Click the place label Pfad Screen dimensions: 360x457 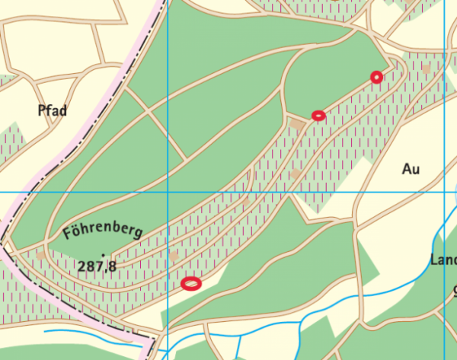[x=53, y=111]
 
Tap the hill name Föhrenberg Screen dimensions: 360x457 [x=102, y=229]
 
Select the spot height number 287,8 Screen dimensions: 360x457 [x=97, y=266]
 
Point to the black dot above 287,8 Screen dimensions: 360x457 [x=102, y=254]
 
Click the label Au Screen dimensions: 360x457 [x=411, y=169]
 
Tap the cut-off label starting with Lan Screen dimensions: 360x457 [x=443, y=260]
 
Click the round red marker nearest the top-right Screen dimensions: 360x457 [x=376, y=76]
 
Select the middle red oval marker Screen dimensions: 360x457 [x=318, y=116]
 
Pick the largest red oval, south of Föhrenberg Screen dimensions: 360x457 [x=191, y=283]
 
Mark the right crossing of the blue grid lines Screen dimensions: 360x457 [x=445, y=193]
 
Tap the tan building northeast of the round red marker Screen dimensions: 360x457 [x=427, y=68]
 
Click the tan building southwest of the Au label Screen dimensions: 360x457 [x=296, y=174]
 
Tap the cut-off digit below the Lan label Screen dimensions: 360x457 [x=454, y=290]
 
